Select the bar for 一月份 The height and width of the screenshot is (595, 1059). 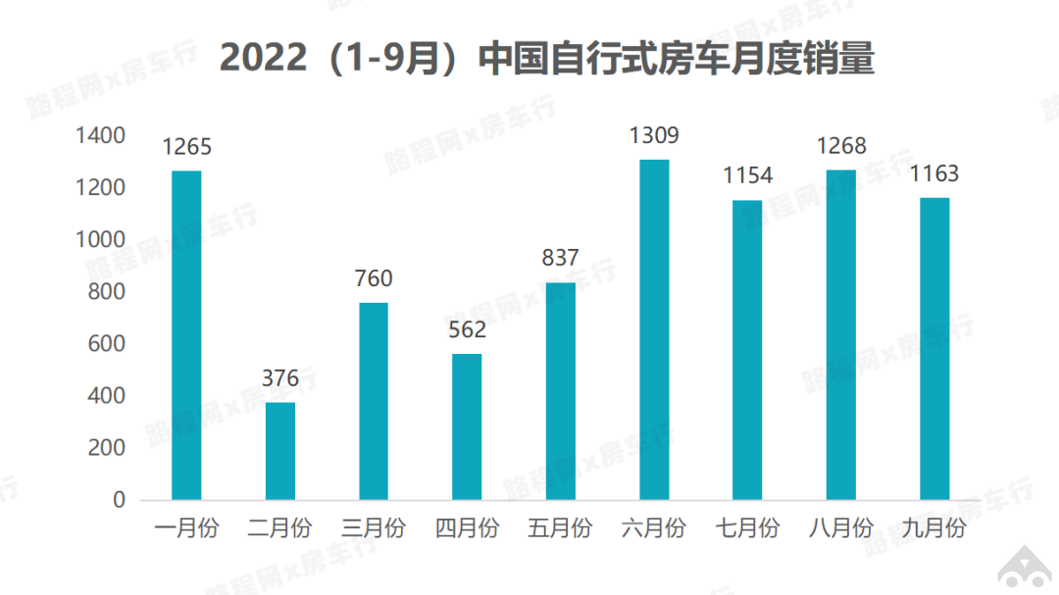[186, 335]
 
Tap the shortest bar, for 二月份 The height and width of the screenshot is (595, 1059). [280, 451]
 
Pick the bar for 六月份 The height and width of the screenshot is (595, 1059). [654, 329]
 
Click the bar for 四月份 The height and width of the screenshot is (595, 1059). [467, 426]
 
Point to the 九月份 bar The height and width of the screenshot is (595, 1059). [934, 348]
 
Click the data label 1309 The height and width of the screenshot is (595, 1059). [654, 135]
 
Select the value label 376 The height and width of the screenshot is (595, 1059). [280, 378]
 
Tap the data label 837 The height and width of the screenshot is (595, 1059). [560, 258]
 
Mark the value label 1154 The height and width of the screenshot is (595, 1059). [747, 175]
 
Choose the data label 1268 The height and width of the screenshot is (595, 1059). [841, 146]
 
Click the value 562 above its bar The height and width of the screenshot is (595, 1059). [467, 329]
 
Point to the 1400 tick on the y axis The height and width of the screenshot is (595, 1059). [101, 135]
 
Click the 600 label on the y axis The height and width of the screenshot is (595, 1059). [107, 344]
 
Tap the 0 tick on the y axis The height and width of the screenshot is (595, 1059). [119, 500]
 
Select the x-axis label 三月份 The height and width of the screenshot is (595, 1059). [374, 528]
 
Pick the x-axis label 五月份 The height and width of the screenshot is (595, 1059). [560, 528]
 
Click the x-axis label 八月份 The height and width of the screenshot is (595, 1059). [841, 528]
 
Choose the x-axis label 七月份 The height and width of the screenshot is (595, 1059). [747, 528]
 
